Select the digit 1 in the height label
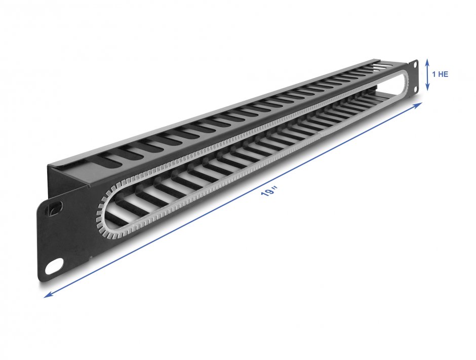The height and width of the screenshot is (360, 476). pos(434,74)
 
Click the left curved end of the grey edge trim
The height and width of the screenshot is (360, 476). pos(100,213)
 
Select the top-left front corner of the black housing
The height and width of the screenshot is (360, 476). pos(49,165)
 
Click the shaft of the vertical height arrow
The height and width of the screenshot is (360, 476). pos(428,74)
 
